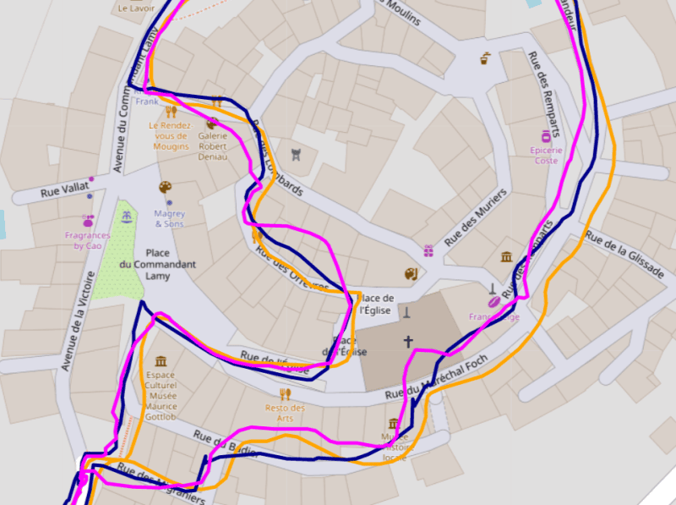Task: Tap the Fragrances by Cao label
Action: [x=87, y=240]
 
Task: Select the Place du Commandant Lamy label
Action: [x=157, y=264]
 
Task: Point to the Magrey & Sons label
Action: [x=169, y=218]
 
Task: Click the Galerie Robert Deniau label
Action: [x=212, y=145]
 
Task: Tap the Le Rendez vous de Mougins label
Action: [x=171, y=135]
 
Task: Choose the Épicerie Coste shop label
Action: [x=546, y=156]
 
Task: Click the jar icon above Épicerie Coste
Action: [x=547, y=135]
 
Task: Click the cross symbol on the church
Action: [x=408, y=342]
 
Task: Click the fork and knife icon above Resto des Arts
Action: [x=285, y=393]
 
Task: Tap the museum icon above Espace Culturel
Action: [x=161, y=361]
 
